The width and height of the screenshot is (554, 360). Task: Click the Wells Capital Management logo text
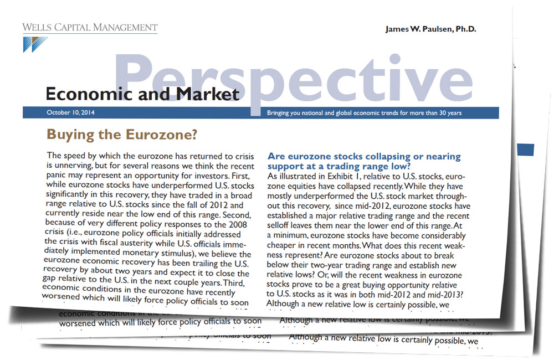(x=90, y=27)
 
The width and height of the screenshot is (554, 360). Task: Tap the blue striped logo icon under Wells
(x=35, y=44)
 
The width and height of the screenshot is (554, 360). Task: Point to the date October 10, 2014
(x=70, y=113)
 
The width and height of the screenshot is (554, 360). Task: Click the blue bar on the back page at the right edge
(x=526, y=149)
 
